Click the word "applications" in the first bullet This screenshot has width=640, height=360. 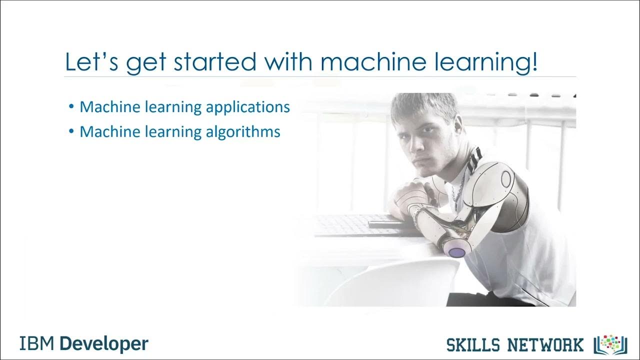click(248, 107)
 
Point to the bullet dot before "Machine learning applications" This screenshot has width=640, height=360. click(72, 107)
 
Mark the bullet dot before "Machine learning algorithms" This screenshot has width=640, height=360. click(72, 131)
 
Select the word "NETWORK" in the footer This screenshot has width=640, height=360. click(547, 344)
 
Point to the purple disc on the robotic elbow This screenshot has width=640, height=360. click(456, 252)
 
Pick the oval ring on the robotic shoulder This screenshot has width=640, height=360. click(505, 178)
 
